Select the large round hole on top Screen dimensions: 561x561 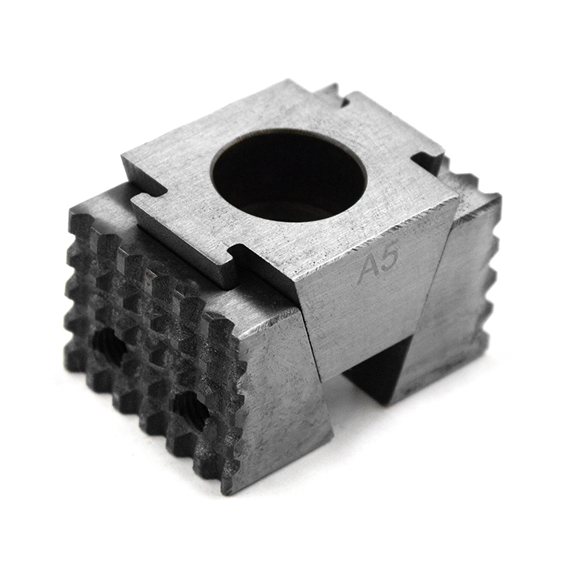tap(289, 175)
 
